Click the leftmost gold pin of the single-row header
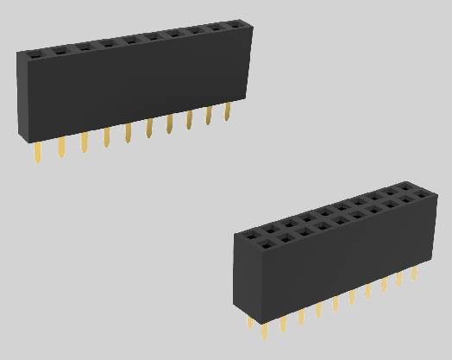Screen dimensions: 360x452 point(38,154)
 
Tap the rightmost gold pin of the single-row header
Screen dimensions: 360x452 point(228,111)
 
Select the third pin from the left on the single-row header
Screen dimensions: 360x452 point(85,142)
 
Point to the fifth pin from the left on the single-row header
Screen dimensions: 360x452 point(128,132)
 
